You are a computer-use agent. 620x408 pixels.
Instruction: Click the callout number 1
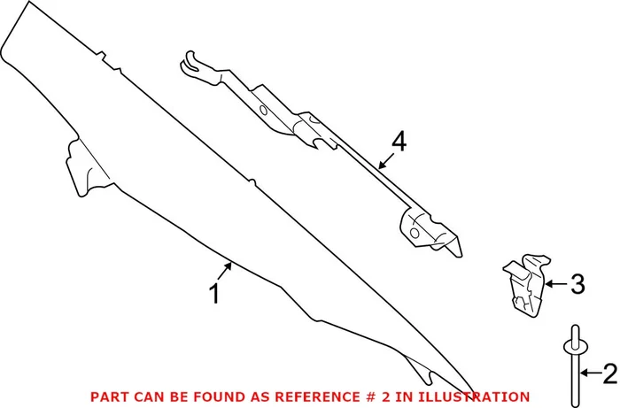pos(214,294)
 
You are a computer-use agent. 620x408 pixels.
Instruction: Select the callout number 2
pos(609,373)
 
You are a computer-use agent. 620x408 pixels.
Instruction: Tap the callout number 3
pos(577,284)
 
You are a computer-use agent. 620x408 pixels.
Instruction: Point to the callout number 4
pos(399,142)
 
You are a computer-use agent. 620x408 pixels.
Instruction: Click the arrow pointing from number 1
pos(225,271)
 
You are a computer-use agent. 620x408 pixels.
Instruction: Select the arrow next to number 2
pos(591,373)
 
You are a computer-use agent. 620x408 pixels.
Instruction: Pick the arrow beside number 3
pos(556,283)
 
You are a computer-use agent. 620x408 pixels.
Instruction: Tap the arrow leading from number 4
pos(386,161)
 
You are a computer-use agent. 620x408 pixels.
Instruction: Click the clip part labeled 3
pos(526,285)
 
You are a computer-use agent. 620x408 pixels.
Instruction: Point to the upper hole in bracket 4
pos(263,111)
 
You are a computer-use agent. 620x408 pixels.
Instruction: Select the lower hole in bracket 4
pos(415,233)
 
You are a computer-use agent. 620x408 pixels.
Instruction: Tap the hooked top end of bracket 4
pos(190,61)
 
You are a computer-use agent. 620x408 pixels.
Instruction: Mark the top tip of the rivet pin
pos(575,326)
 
